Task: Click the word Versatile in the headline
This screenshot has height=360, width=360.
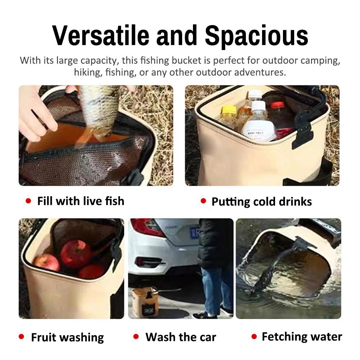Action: coord(100,35)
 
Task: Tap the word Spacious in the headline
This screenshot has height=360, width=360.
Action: coord(256,35)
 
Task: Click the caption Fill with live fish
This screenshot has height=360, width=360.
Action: coord(81,201)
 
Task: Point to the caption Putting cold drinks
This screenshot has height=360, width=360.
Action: coord(261,202)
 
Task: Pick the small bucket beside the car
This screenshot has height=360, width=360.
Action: coord(145,302)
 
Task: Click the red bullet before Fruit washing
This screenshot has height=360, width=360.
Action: coord(21,337)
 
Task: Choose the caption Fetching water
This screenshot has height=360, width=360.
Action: coord(302,337)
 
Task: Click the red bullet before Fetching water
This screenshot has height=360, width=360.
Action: coord(254,337)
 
